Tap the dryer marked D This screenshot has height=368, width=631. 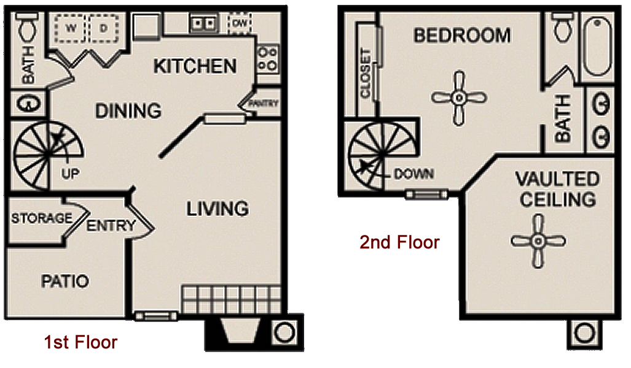coord(104,28)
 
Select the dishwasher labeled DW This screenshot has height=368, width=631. coord(240,23)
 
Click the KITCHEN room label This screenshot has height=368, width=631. coord(195,66)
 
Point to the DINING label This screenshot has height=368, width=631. coord(128,110)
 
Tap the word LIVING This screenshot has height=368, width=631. coord(218,209)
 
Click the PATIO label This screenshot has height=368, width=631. coord(65,282)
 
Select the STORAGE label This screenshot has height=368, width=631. coord(42,218)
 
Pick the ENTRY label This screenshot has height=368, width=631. coord(111,225)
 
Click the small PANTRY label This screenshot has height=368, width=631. coord(264,103)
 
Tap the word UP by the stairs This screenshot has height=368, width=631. coord(70,174)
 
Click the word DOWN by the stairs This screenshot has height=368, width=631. coord(413,174)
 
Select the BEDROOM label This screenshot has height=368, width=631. coord(462,36)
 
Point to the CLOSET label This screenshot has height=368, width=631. coord(366,73)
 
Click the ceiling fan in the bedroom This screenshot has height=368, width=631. coord(459,98)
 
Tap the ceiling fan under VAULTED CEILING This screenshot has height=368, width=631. coord(538,241)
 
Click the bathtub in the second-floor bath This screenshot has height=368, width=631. coord(598,46)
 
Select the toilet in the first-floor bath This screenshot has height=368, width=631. coord(28,26)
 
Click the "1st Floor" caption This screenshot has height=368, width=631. coord(80,342)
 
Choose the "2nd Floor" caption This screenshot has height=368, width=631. coord(399,242)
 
